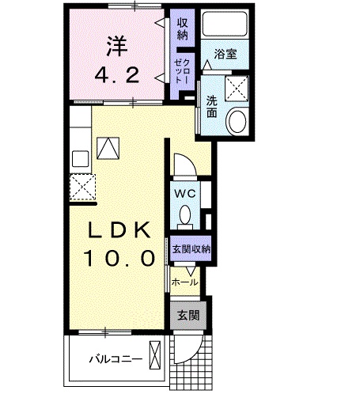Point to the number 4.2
coord(117,76)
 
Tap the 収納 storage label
coord(182,28)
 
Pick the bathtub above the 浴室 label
coord(225,25)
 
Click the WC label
coord(186,191)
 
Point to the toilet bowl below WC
coord(186,215)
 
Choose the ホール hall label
coord(185,281)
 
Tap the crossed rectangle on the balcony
coord(157,354)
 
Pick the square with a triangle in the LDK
coord(108,146)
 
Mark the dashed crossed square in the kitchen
coord(81,187)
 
